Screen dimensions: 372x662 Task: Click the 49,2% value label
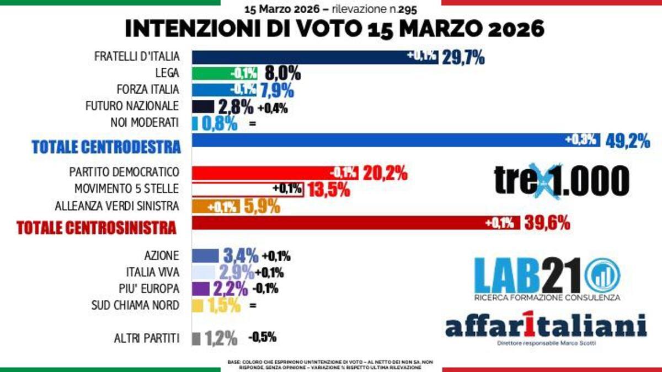pyautogui.click(x=628, y=141)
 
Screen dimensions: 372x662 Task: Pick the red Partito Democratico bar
pyautogui.click(x=275, y=173)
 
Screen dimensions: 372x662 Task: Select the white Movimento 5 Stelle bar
pyautogui.click(x=248, y=190)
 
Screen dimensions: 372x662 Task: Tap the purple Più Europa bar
pyautogui.click(x=200, y=288)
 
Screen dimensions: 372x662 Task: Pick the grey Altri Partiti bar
pyautogui.click(x=196, y=338)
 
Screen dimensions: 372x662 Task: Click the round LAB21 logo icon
pyautogui.click(x=602, y=275)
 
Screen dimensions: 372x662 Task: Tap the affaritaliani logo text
pyautogui.click(x=546, y=326)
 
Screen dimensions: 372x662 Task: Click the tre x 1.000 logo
pyautogui.click(x=562, y=180)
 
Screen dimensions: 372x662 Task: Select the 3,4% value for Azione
pyautogui.click(x=241, y=256)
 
